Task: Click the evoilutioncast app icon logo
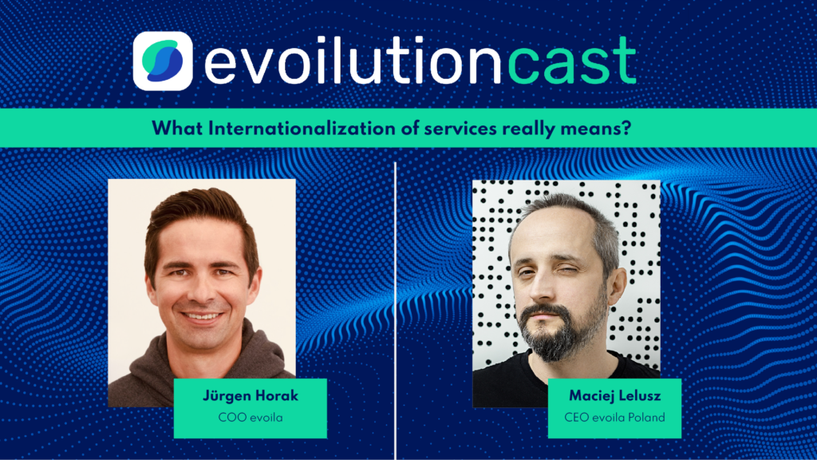[x=163, y=61]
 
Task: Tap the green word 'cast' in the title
[x=571, y=61]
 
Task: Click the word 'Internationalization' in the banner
[x=302, y=129]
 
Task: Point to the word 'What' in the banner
[x=177, y=129]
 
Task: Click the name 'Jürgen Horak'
[x=250, y=396]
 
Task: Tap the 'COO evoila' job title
[x=250, y=418]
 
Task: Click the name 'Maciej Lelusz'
[x=615, y=396]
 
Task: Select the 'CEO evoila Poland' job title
[x=615, y=418]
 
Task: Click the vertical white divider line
[x=396, y=311]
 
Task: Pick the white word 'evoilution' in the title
[x=353, y=60]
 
